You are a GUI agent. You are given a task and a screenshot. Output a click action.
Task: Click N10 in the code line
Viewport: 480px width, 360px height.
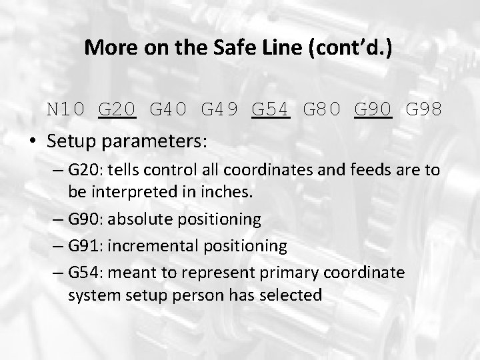(x=65, y=109)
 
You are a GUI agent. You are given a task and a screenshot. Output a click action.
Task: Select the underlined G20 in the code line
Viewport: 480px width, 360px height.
(x=117, y=109)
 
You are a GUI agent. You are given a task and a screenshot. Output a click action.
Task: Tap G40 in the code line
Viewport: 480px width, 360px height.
(x=168, y=109)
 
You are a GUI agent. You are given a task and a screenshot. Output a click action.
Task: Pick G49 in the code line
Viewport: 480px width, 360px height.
(x=219, y=109)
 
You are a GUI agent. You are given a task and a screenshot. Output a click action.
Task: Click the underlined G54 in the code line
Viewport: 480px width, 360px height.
(x=271, y=109)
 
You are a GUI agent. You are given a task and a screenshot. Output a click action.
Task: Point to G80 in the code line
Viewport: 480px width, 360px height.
(x=322, y=109)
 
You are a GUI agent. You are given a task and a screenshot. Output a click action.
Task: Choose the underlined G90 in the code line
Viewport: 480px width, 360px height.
(x=373, y=109)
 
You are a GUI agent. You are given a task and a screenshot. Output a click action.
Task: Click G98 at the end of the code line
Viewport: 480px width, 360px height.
(x=424, y=109)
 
